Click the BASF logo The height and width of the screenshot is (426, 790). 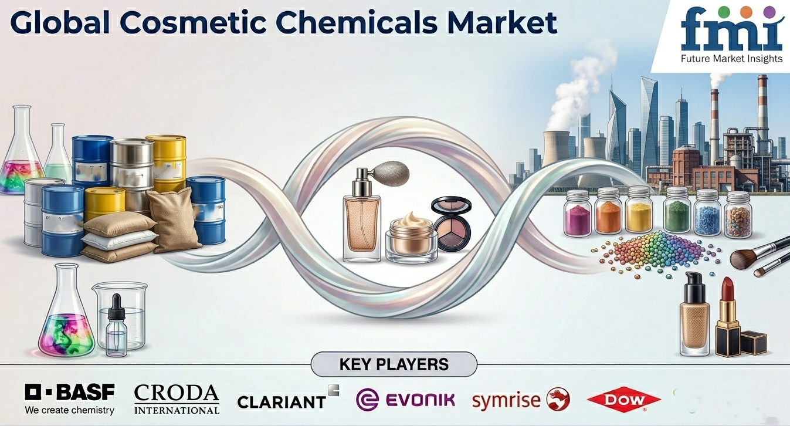point(70,399)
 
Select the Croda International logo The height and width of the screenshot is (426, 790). point(177,399)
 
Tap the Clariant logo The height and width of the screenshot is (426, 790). point(288,397)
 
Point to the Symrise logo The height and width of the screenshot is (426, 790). point(521,400)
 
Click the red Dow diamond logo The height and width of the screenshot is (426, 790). point(624,400)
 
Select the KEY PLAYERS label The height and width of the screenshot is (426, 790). point(394,364)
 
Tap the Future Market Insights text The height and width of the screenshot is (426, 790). point(731,59)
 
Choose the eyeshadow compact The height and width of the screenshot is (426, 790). point(452,223)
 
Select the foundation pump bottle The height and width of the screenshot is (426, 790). point(694,314)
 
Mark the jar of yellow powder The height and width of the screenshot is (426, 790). point(639,210)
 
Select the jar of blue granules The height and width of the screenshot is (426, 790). point(707,213)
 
